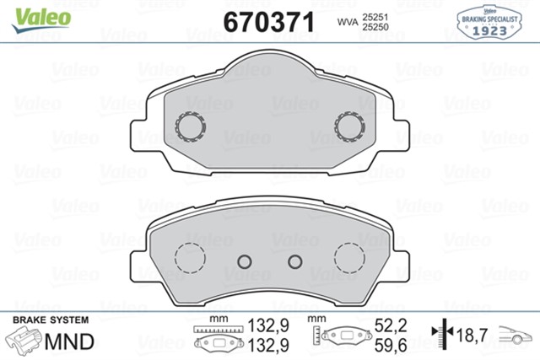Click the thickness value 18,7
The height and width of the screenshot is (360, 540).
(x=472, y=336)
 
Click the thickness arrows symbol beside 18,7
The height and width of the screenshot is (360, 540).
(x=440, y=335)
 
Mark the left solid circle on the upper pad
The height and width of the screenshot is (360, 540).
(x=190, y=126)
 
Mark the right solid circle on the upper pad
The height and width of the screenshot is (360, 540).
(x=348, y=126)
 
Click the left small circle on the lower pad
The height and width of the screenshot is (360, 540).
(x=246, y=261)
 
